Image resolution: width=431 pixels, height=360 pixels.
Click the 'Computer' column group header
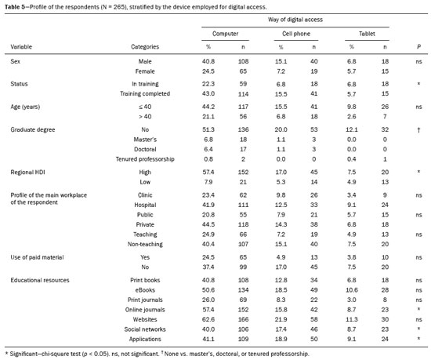coord(225,34)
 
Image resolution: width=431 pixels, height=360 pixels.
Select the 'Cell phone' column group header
coord(296,34)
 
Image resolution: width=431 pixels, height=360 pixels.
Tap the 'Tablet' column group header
coord(367,34)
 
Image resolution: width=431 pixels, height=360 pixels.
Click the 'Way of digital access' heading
coord(295,20)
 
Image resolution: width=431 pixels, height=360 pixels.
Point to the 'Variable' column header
coord(21,47)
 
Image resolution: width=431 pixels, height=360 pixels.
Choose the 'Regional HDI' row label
coord(27,173)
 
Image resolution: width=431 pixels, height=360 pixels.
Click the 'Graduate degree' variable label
coord(33,130)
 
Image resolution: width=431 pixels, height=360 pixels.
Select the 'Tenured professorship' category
coord(145,159)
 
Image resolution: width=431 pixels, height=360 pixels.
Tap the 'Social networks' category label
coord(145,329)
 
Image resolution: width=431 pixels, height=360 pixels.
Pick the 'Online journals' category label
coord(145,310)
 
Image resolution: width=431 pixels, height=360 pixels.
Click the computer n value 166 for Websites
coord(243,319)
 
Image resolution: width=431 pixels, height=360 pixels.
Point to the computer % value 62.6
coord(208,319)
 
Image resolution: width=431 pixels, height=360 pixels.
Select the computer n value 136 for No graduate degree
coord(243,130)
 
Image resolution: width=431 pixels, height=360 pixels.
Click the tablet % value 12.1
coord(352,130)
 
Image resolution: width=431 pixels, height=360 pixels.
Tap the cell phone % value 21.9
coord(281,319)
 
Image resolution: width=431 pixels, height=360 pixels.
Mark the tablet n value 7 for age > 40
coord(385,117)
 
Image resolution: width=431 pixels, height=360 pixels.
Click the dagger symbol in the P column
coord(418,130)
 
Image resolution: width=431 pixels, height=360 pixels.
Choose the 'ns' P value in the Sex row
coord(418,62)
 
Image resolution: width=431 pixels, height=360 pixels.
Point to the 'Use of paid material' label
coord(37,257)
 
